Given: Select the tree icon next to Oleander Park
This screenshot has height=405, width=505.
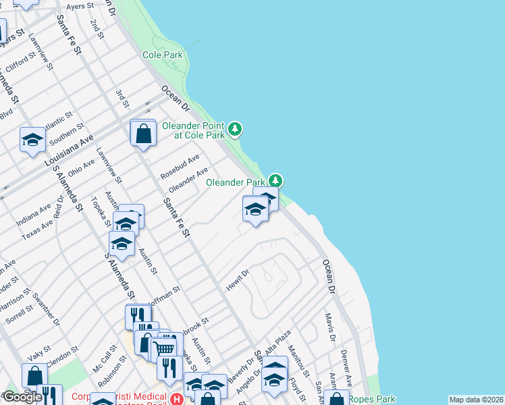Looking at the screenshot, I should (x=275, y=181).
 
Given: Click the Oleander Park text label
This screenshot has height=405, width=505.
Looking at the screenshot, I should (x=235, y=182).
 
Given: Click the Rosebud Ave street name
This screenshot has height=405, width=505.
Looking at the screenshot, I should (x=180, y=167).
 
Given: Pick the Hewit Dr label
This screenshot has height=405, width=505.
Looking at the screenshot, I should (x=238, y=281).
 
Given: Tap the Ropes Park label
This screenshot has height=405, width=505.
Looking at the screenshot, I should (x=372, y=399).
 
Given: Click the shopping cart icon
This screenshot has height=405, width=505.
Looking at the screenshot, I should (x=163, y=348).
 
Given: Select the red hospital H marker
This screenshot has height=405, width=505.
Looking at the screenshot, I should (x=177, y=400).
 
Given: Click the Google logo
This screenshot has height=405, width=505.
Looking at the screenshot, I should (x=22, y=397).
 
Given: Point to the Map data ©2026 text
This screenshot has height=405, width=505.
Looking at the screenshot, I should (x=476, y=400).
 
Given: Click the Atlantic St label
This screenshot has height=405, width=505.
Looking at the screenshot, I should (x=57, y=121).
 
